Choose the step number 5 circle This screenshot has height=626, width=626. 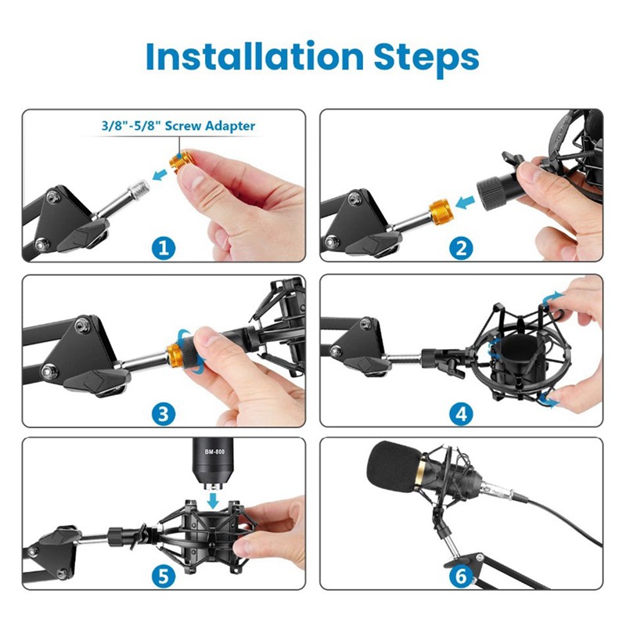pos(163,577)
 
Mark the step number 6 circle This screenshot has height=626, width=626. pos(462,577)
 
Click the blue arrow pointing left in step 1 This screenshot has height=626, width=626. pos(161,177)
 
